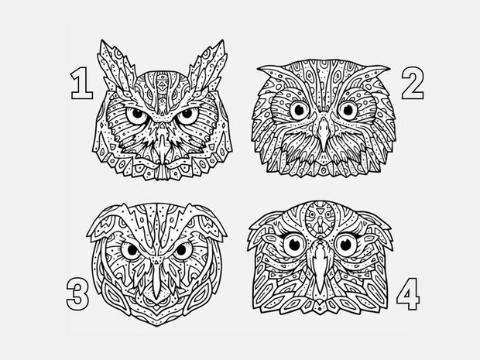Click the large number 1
point(82,84)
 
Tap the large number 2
point(413,84)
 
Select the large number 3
point(77,294)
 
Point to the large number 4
point(408,294)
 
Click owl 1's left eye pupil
point(138,113)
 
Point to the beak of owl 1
point(162,143)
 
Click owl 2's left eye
point(299,110)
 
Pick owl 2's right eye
point(348,110)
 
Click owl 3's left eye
point(132,250)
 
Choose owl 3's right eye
point(182,250)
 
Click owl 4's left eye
point(294,244)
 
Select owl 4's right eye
point(346,244)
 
